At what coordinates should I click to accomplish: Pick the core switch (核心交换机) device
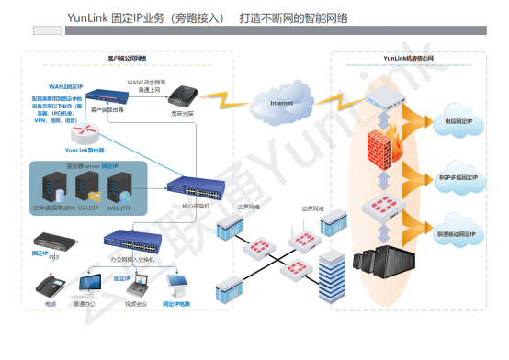tap(195, 191)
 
